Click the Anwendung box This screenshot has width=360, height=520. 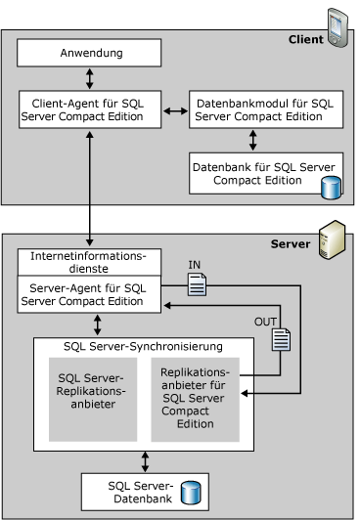point(89,53)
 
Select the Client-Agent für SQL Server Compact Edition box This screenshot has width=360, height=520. point(90,109)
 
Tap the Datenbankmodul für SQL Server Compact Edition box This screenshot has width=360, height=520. point(266,109)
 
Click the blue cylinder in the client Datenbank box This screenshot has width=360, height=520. point(331,188)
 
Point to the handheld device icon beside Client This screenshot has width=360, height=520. point(337,27)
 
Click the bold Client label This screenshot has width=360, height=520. point(305,39)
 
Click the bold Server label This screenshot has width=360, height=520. point(291,244)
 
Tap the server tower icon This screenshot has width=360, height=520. point(333,239)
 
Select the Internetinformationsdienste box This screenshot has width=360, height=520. point(89,262)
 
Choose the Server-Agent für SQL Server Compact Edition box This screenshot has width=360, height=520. point(89,294)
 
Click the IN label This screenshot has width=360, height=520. point(195,265)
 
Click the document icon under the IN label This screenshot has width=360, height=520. point(197,284)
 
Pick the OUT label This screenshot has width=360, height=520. point(265,322)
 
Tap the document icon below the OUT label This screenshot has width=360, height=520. point(282,339)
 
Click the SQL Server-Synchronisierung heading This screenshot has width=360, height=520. point(144,347)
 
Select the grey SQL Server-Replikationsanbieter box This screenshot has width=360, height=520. point(93,400)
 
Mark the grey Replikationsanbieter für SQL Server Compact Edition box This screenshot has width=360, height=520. point(195,400)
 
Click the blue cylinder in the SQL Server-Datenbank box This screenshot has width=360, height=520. point(191,493)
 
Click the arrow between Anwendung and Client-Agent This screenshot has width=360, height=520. point(90,78)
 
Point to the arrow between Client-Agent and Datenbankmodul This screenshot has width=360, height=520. point(175,110)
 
